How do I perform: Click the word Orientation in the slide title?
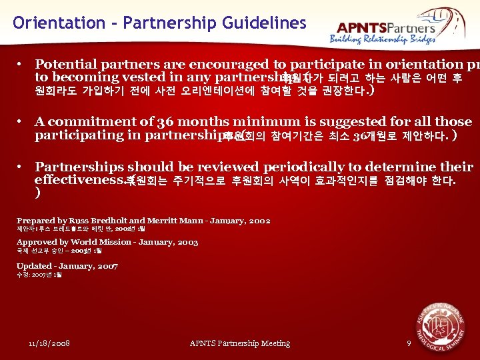tap(59, 23)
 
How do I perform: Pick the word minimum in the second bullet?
tap(281, 122)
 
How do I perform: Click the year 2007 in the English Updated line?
tap(107, 266)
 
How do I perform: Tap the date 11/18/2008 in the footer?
tap(50, 343)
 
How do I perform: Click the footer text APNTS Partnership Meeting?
tap(240, 343)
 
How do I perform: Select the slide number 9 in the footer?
tap(409, 343)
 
